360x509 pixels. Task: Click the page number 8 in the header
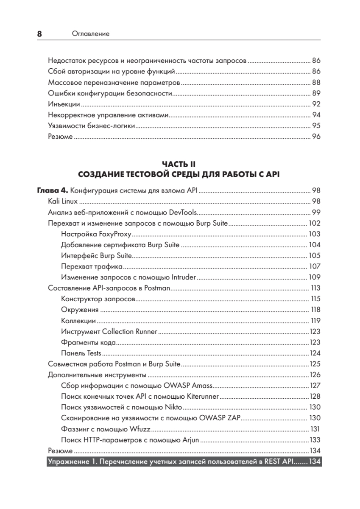click(39, 34)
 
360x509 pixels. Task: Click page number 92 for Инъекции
click(316, 104)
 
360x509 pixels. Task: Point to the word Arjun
click(190, 440)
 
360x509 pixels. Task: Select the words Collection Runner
click(129, 331)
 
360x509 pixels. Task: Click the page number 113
click(315, 288)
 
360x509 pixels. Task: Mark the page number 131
click(315, 429)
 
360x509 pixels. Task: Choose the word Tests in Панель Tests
click(94, 353)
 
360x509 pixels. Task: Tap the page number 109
click(314, 278)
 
